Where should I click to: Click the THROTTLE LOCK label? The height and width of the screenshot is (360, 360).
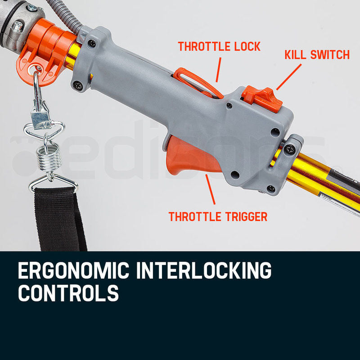click(x=219, y=46)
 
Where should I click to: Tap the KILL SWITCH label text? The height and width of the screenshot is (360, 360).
click(x=317, y=55)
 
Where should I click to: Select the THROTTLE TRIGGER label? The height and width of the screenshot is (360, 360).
click(x=218, y=216)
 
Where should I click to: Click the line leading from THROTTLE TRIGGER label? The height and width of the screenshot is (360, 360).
click(x=211, y=190)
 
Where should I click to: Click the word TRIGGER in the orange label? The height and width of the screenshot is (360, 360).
click(x=245, y=216)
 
